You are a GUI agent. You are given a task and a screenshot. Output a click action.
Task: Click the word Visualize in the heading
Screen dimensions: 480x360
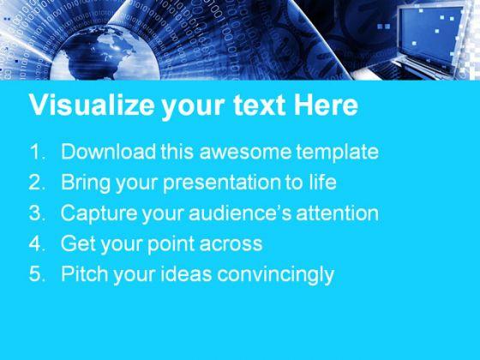pos(92,105)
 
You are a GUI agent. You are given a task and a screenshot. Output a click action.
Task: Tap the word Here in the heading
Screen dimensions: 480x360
pos(326,105)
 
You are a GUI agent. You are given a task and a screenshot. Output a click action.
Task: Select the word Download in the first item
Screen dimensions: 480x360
pos(108,152)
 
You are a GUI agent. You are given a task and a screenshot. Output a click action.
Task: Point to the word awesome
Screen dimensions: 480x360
pos(245,153)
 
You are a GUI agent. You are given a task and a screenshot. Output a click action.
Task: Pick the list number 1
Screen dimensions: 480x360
pos(38,152)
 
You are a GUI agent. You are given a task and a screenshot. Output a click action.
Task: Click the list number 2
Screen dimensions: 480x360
pos(38,182)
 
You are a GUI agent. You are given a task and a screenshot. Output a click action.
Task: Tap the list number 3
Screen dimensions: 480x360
pos(38,213)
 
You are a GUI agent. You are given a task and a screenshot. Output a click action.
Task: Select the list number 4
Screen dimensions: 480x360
pos(38,243)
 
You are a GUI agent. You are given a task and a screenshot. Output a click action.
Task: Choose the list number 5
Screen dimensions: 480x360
pos(38,273)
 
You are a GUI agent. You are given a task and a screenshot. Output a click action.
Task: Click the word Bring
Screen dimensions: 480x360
pos(86,183)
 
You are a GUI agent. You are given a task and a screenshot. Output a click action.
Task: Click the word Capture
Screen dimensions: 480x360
pos(99,213)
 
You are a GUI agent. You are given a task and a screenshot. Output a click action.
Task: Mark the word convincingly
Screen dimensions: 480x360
pos(275,274)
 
